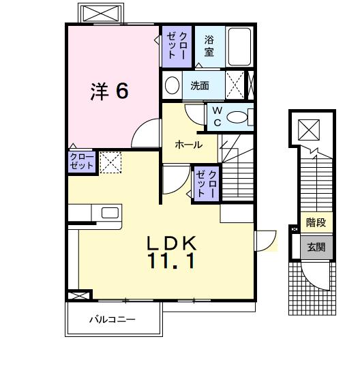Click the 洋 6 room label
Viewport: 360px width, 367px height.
109,91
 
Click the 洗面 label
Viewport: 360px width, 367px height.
199,86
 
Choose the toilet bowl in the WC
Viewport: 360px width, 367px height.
237,117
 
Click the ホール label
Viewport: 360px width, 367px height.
187,145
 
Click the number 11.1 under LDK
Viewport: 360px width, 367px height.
172,261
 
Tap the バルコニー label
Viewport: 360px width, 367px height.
112,319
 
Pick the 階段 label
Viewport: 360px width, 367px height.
316,222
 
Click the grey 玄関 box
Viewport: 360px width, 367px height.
316,246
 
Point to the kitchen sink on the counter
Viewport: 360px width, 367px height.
110,212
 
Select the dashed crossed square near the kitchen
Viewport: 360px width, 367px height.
110,162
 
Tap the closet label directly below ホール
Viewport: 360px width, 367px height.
206,183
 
